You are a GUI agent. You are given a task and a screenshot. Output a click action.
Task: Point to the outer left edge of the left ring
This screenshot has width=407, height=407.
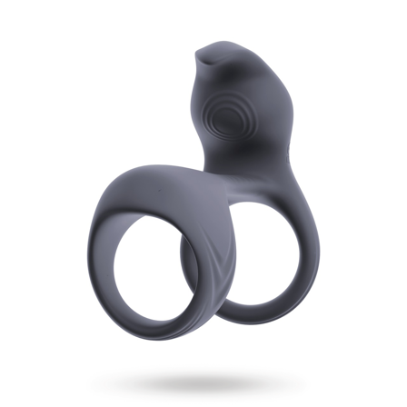click(x=94, y=254)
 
